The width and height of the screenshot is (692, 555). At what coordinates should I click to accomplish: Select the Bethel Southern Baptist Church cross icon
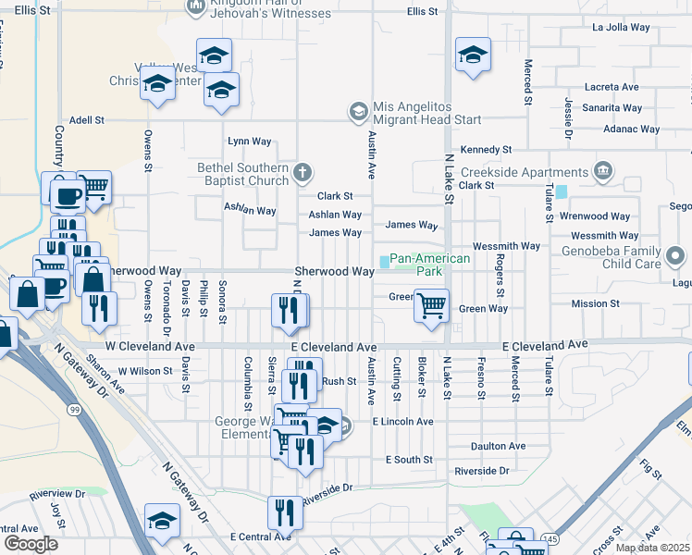pyautogui.click(x=302, y=171)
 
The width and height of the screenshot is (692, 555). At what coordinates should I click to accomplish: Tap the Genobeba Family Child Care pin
pyautogui.click(x=675, y=254)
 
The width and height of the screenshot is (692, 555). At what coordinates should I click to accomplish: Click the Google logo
pyautogui.click(x=31, y=543)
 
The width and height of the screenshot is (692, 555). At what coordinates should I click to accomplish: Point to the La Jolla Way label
pyautogui.click(x=624, y=28)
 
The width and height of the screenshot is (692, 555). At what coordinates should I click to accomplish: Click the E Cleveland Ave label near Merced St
pyautogui.click(x=545, y=345)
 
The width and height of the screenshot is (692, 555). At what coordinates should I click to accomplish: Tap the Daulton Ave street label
pyautogui.click(x=498, y=446)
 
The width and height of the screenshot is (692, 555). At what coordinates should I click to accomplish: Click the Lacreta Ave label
pyautogui.click(x=612, y=87)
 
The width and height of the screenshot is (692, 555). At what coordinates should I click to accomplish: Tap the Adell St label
pyautogui.click(x=86, y=120)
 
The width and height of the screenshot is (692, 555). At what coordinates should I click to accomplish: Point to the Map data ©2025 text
pyautogui.click(x=652, y=548)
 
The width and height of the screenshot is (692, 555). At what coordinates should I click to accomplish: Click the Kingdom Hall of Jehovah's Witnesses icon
pyautogui.click(x=196, y=7)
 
